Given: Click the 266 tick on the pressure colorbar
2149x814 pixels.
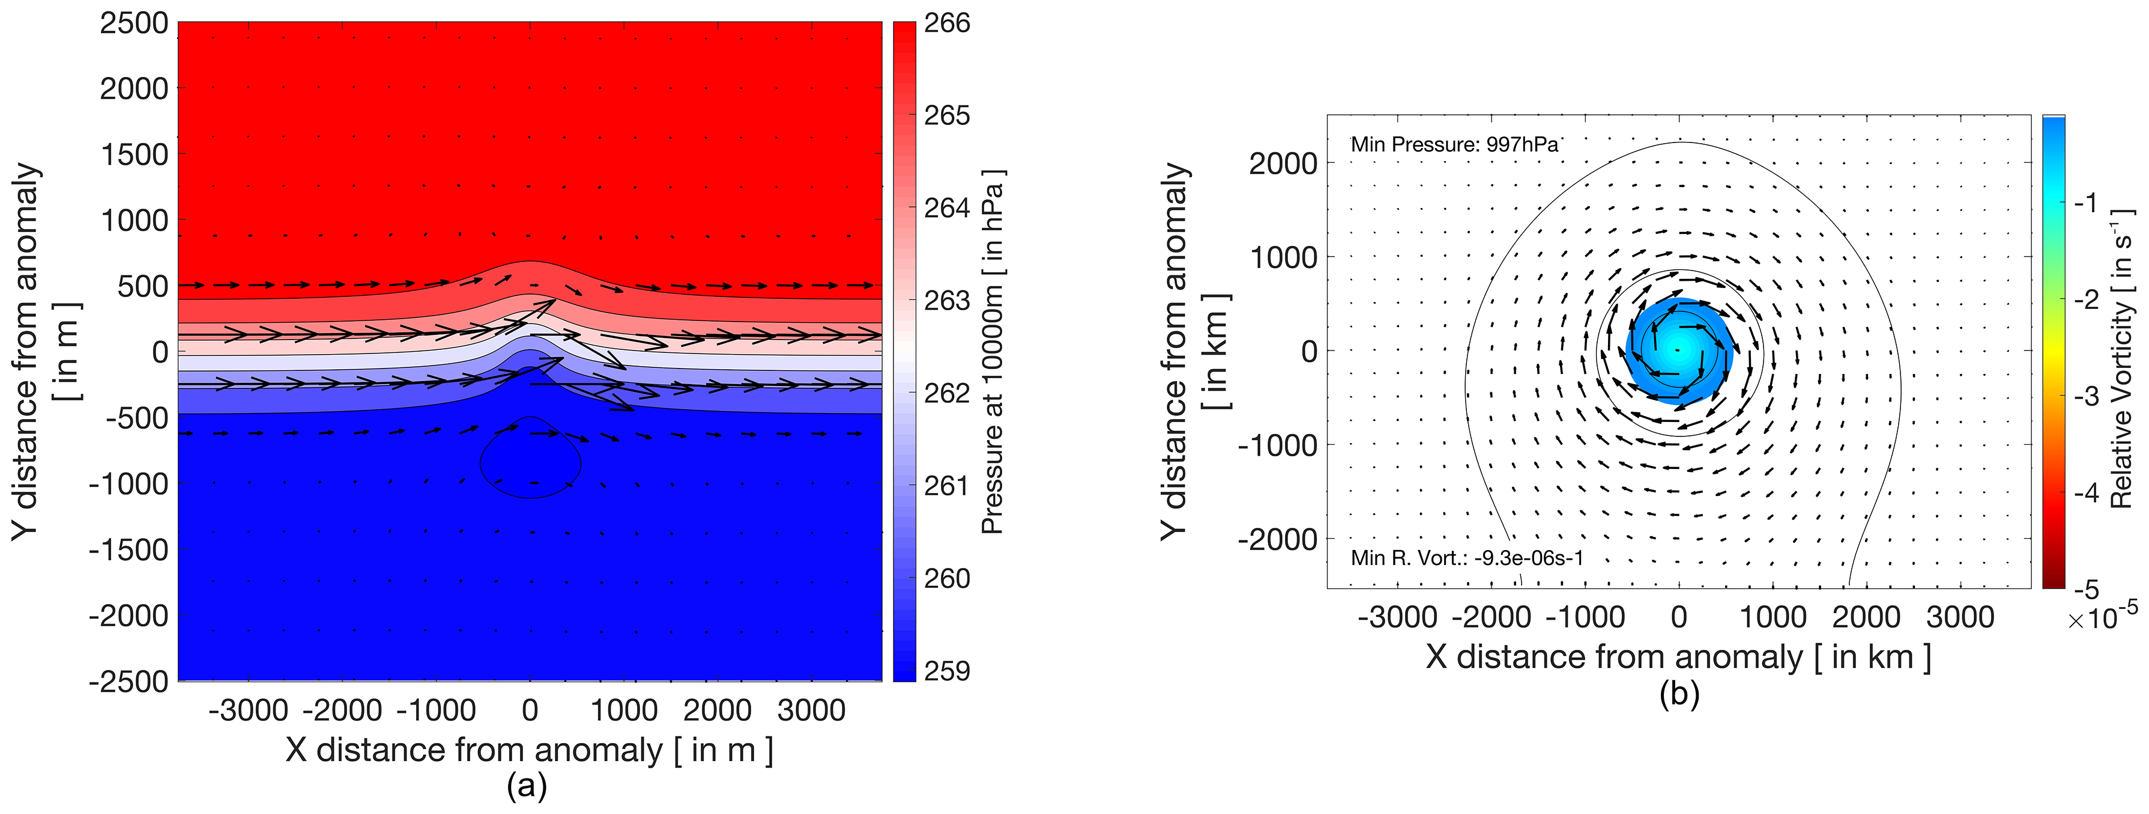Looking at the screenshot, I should point(947,23).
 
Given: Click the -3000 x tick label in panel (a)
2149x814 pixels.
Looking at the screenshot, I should point(249,711).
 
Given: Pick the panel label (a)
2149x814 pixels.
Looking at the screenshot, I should point(527,786).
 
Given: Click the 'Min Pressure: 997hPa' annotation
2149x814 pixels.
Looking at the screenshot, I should point(1454,144).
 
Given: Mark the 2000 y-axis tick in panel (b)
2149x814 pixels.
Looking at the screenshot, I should point(1282,164).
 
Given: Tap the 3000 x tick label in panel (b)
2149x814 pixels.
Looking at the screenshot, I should point(1960,618).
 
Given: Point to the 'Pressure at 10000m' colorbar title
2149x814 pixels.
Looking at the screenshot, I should point(992,350).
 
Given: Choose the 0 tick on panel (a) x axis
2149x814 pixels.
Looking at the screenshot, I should point(530,711).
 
